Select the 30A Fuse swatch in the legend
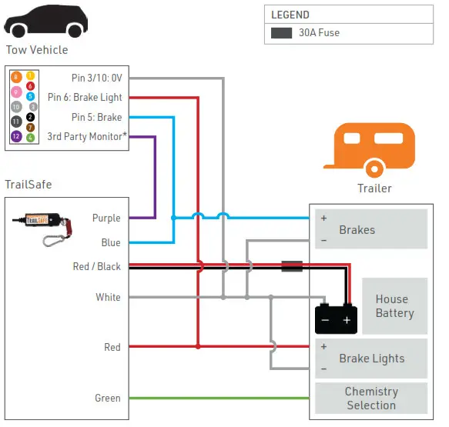click(281, 33)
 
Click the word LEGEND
click(290, 15)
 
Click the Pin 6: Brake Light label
click(85, 98)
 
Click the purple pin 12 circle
click(16, 136)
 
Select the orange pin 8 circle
click(16, 77)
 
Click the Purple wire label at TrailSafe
click(106, 219)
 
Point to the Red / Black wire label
click(96, 267)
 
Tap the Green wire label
click(108, 398)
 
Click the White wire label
click(108, 297)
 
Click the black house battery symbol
click(337, 316)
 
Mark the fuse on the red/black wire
click(291, 266)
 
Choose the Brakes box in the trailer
click(370, 229)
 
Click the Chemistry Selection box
click(370, 399)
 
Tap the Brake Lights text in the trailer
click(371, 359)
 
